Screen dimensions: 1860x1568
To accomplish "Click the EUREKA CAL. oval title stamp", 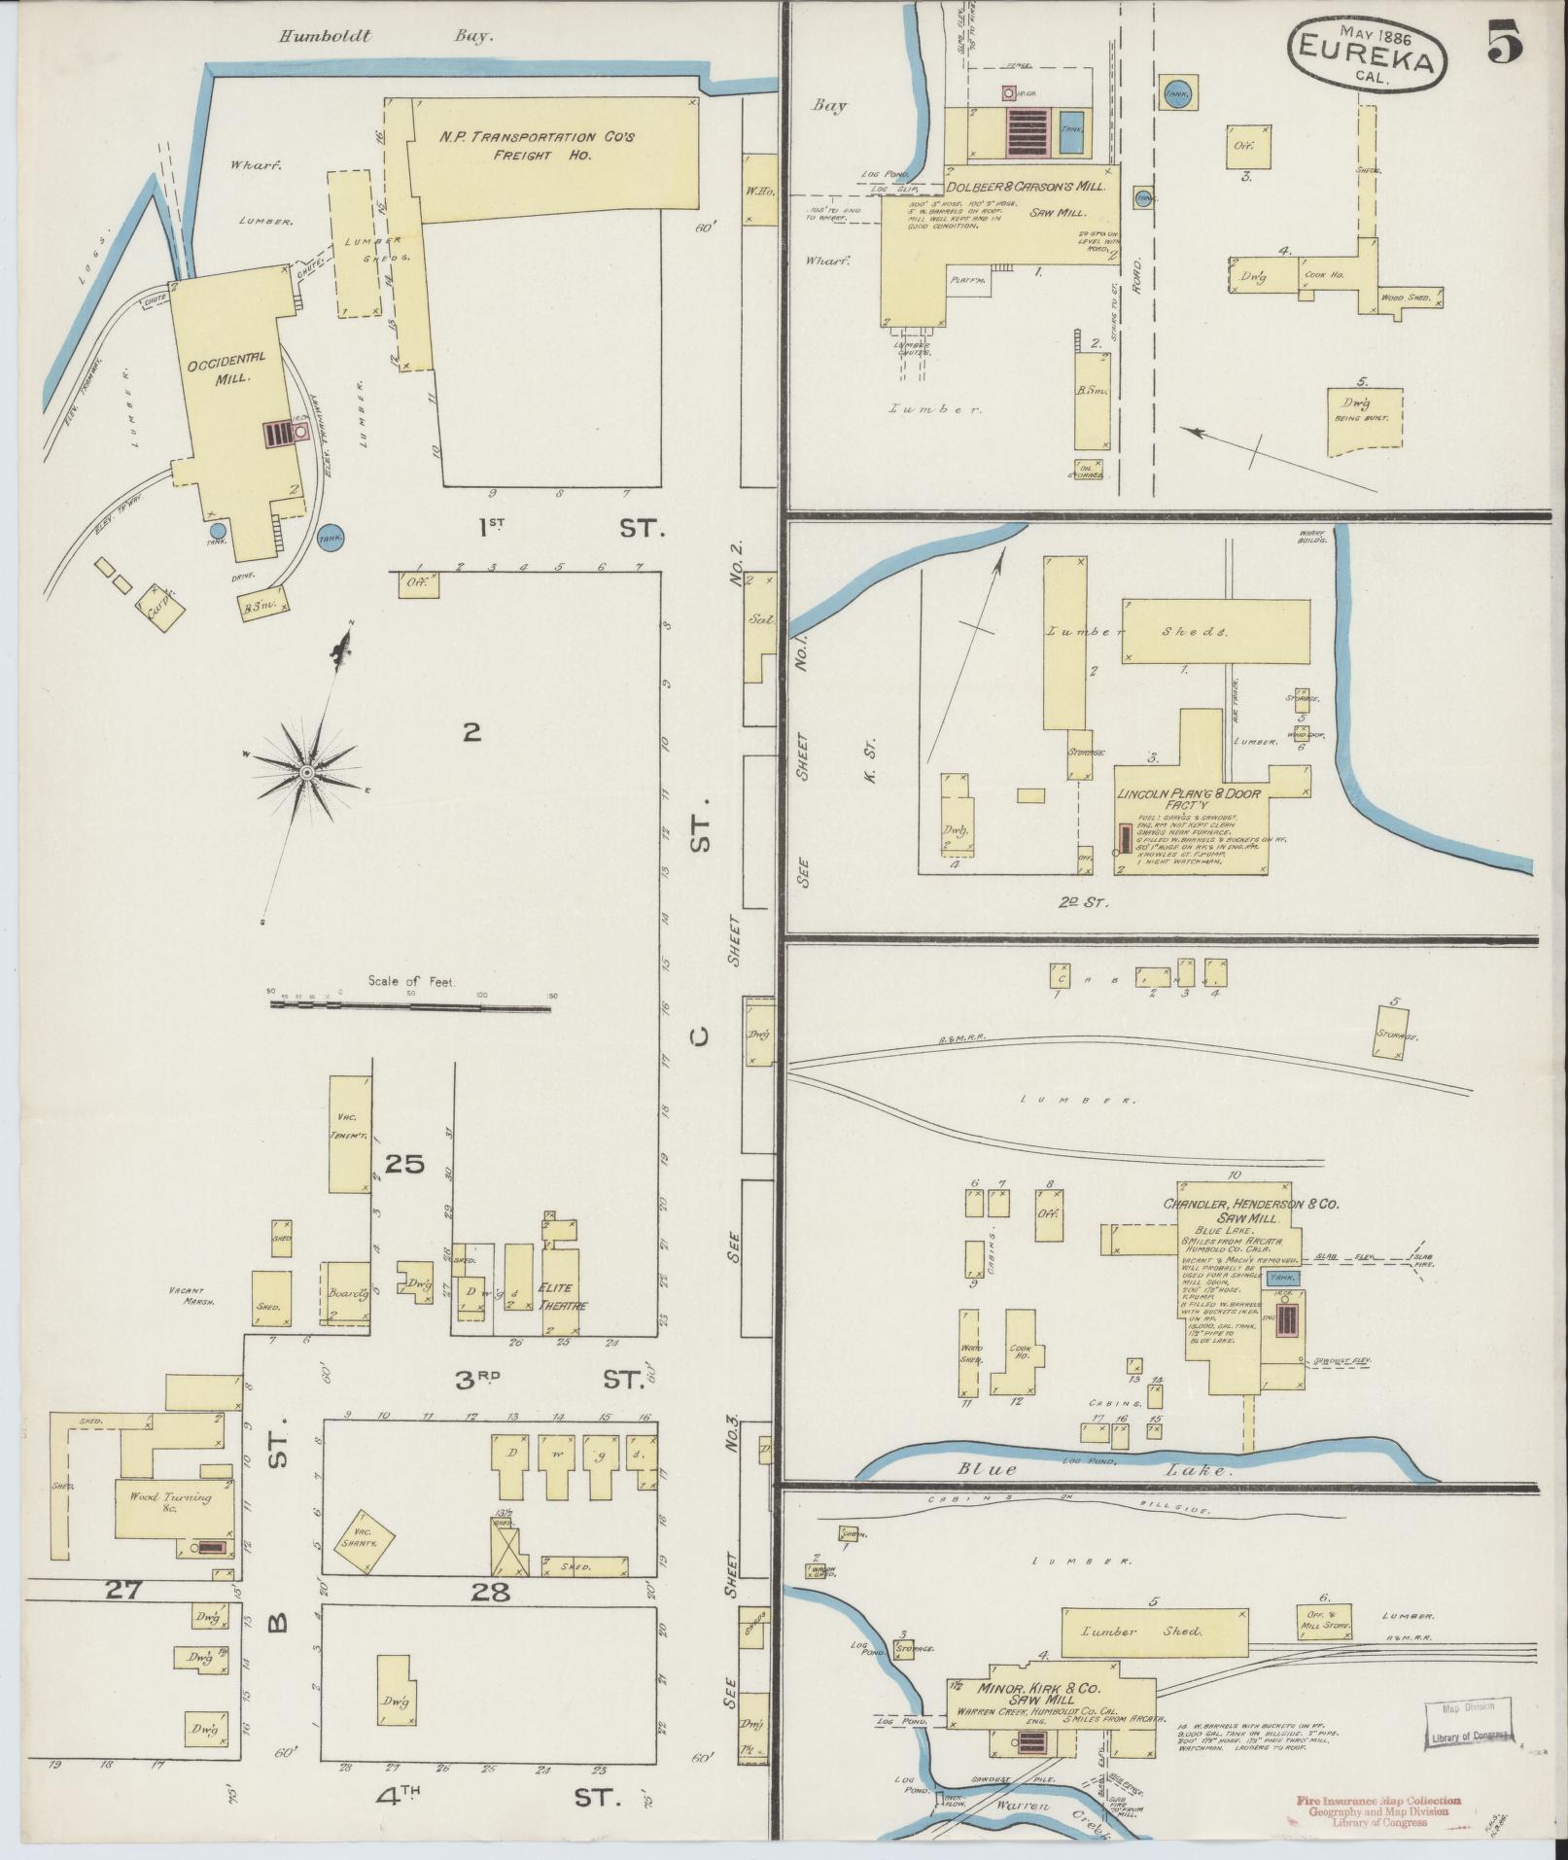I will [1367, 58].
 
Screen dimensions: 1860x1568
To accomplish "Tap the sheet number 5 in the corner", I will [1504, 42].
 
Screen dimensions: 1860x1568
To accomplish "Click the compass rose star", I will [307, 772].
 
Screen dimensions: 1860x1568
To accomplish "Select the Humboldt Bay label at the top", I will [386, 38].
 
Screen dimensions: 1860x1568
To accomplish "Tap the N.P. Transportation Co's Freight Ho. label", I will [536, 146].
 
